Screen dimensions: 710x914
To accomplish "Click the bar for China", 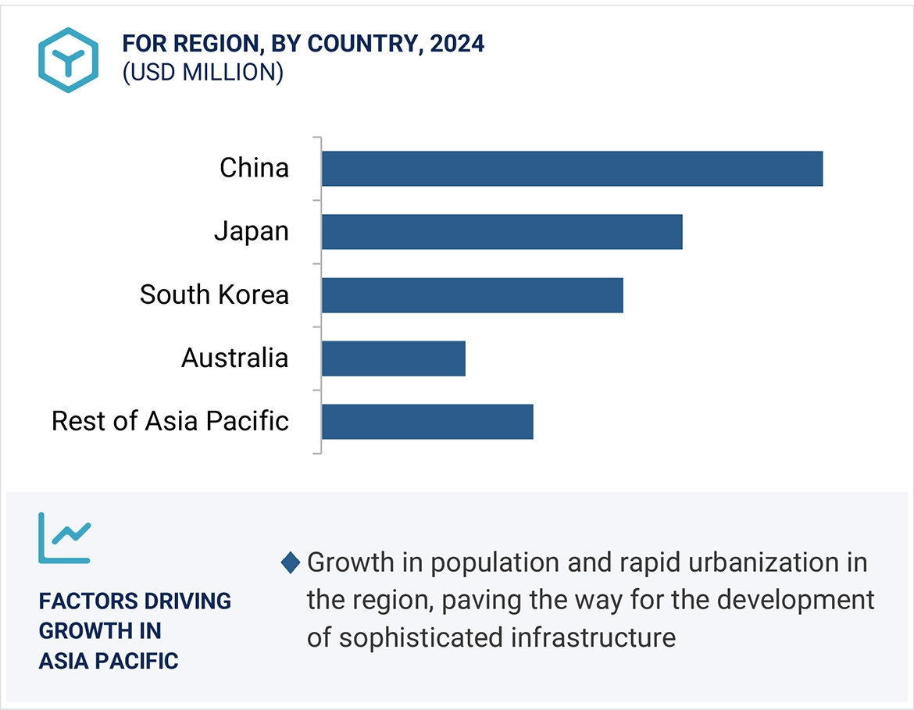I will click(572, 169).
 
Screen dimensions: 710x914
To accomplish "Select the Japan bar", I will click(502, 232).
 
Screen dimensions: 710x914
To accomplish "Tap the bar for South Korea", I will click(472, 295).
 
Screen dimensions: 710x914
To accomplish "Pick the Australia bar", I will click(393, 359).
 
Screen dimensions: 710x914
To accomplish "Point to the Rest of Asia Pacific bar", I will click(427, 422).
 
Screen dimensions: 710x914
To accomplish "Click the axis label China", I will click(254, 168).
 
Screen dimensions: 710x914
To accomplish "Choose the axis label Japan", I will click(251, 231).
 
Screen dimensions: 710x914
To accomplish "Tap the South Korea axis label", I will click(214, 294).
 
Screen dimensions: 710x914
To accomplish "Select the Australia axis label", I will click(234, 358).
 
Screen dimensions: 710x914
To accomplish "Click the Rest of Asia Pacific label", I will click(170, 421).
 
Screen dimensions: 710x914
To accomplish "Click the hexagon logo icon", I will click(69, 59).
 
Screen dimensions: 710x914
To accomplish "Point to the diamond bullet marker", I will click(291, 562).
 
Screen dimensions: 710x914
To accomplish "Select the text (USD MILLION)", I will click(202, 72).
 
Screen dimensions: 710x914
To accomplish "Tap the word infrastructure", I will click(593, 637).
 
